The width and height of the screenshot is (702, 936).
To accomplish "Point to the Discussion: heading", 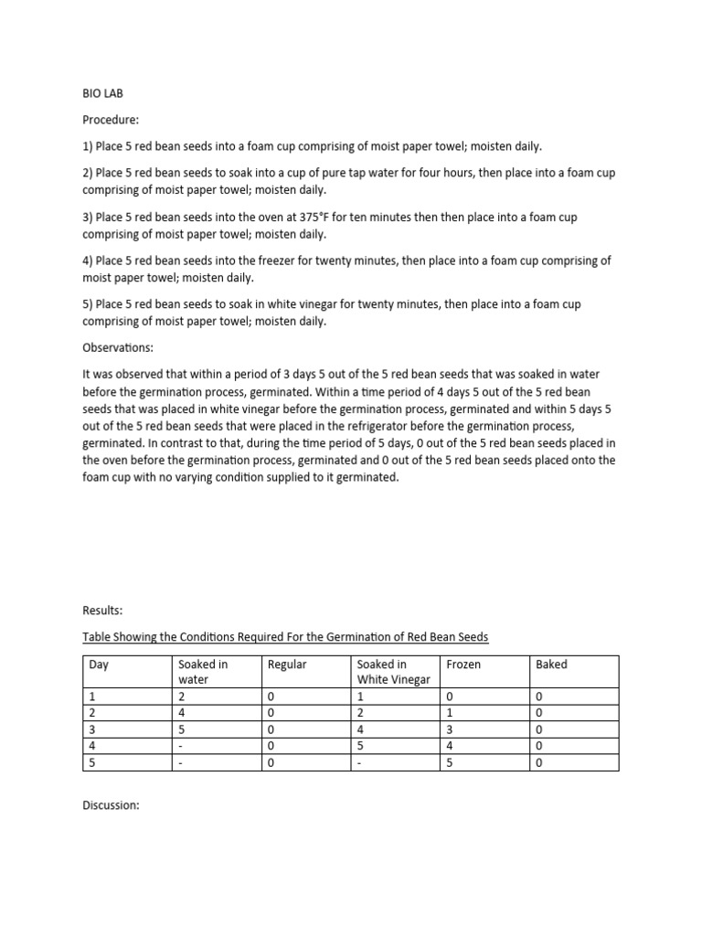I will tap(111, 805).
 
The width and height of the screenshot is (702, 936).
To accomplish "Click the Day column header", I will tap(99, 665).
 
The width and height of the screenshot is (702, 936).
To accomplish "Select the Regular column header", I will tap(287, 665).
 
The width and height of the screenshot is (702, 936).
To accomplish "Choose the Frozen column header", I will tap(463, 665).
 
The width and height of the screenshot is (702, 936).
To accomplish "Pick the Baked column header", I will tap(551, 665).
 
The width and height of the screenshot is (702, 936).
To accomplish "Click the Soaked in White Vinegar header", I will tap(393, 672).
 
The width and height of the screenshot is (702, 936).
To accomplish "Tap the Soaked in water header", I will tap(203, 672).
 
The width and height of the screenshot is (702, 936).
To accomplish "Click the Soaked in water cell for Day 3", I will tap(182, 729).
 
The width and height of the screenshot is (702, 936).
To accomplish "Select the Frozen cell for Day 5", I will tap(450, 762).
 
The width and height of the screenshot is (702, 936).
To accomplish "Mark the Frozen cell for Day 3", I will tap(450, 729).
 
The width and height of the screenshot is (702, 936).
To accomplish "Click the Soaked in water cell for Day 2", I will tap(182, 713).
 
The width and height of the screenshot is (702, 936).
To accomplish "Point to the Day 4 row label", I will tap(92, 746).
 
